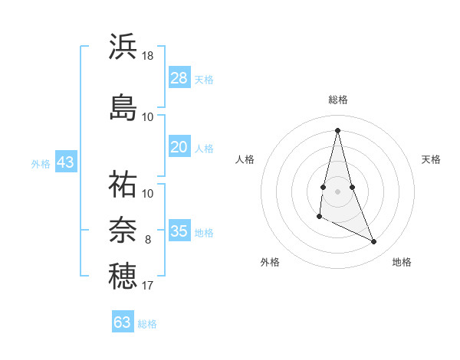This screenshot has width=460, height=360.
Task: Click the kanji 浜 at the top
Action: click(x=123, y=46)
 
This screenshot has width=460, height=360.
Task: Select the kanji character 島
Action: click(x=123, y=106)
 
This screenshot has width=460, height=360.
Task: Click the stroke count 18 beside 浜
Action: click(x=148, y=56)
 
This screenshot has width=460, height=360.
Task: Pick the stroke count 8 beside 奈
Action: click(x=148, y=240)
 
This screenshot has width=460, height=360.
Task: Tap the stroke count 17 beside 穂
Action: click(x=148, y=286)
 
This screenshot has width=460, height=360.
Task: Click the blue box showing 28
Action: click(x=179, y=78)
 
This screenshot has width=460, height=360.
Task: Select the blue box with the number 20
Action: click(x=179, y=147)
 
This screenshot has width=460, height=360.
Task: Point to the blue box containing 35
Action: click(x=179, y=231)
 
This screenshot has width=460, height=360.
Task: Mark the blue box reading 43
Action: click(x=65, y=162)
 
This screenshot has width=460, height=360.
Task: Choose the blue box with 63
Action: click(x=123, y=322)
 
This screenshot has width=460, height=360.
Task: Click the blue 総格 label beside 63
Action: click(x=148, y=324)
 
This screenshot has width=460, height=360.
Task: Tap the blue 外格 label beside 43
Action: click(x=41, y=164)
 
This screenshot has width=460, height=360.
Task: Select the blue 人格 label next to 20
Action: click(x=204, y=149)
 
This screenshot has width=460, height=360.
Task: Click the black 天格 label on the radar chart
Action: click(x=431, y=159)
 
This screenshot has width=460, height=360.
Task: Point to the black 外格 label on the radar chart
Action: click(x=270, y=263)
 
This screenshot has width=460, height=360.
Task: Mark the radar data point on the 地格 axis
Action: click(x=374, y=242)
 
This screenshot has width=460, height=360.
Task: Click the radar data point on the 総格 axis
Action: click(x=337, y=129)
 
